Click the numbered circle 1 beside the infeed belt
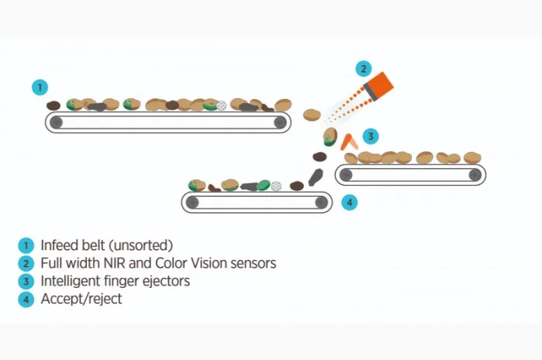40,87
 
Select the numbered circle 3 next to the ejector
372,137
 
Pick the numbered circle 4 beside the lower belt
350,203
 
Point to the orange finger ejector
350,141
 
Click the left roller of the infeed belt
56,122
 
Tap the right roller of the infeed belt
279,122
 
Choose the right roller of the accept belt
474,175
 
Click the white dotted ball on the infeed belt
221,105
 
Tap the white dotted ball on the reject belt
276,186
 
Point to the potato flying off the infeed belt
311,115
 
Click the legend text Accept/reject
81,299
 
